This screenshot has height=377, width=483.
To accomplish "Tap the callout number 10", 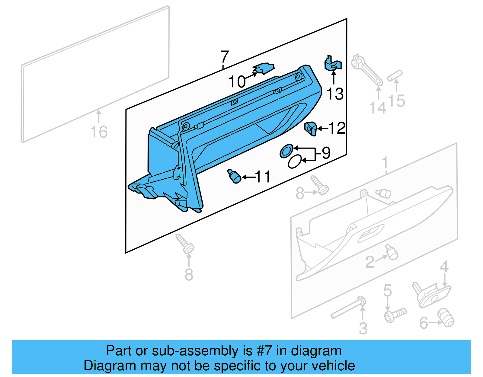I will click(237, 82).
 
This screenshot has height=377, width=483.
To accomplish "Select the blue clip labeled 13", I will click(333, 63).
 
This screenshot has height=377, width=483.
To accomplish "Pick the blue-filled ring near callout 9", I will click(286, 151).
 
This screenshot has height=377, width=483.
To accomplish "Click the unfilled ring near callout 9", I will click(294, 161).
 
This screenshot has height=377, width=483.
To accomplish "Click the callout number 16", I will click(99, 132).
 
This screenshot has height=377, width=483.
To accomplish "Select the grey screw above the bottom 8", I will click(185, 244).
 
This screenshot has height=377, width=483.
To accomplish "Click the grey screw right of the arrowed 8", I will click(320, 185).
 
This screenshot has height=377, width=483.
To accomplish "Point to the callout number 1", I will click(385, 163).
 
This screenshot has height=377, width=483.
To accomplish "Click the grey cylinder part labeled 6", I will click(446, 318).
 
